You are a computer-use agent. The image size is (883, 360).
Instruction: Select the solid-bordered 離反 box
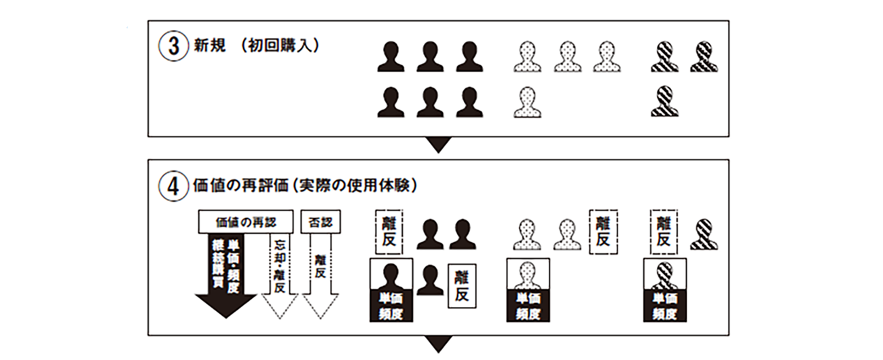click(x=462, y=285)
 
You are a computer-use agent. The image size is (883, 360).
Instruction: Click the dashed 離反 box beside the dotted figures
click(x=602, y=230)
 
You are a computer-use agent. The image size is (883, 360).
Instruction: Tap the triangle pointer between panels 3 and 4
click(x=439, y=144)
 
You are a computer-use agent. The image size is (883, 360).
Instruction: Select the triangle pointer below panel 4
click(x=439, y=344)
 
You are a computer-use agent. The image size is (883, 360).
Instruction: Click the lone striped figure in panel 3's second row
click(x=664, y=101)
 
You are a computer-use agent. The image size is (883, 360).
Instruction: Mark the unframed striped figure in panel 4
click(x=704, y=233)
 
